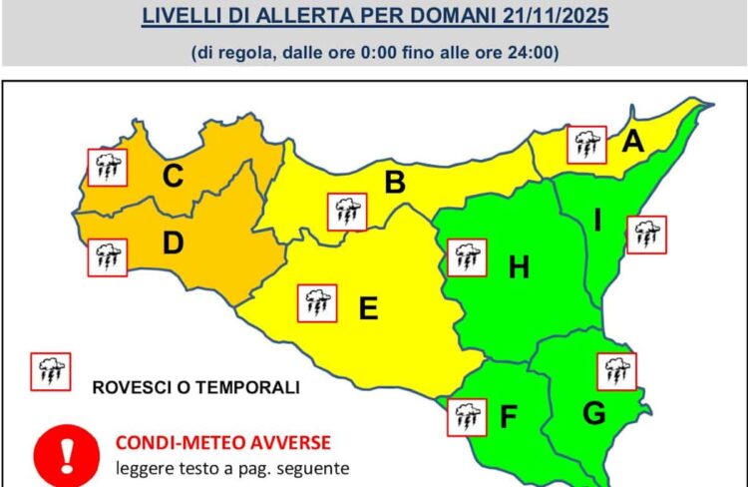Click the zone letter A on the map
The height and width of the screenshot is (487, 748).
[x=632, y=143]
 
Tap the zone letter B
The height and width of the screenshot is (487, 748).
[x=395, y=183]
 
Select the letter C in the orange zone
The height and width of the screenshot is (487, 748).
[x=173, y=178]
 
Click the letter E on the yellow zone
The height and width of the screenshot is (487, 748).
[x=368, y=309]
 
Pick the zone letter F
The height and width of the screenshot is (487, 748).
[x=508, y=416]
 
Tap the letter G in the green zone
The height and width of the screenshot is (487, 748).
[x=591, y=412]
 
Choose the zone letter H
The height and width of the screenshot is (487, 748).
[x=519, y=266]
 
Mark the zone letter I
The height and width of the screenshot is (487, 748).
[x=598, y=221]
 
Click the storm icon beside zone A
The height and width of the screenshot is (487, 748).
[x=586, y=145]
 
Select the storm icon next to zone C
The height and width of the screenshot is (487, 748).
[x=107, y=167]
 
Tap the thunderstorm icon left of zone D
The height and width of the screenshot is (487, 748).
[x=107, y=257]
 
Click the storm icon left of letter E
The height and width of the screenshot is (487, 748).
[x=317, y=302]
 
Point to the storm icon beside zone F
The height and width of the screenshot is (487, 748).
[x=466, y=416]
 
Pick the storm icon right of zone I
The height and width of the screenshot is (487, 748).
[x=646, y=235]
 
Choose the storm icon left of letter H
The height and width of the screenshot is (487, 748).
[x=466, y=257]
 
